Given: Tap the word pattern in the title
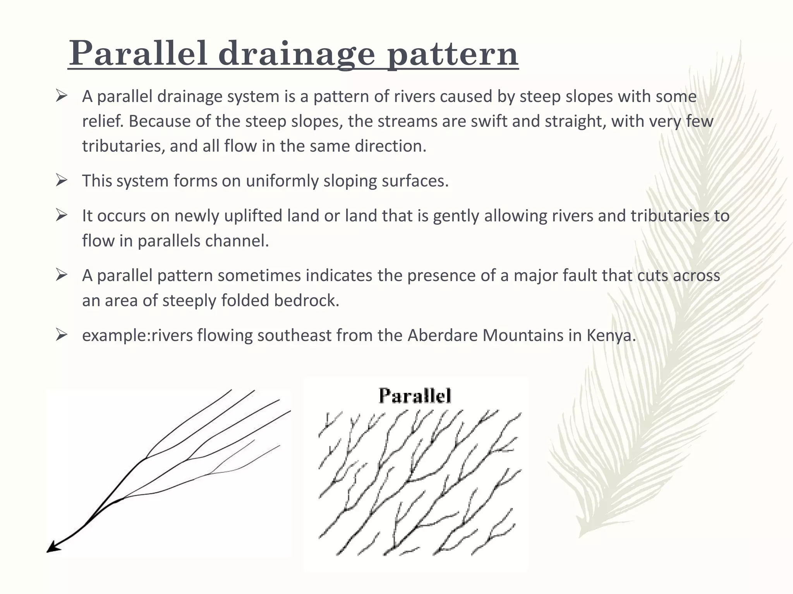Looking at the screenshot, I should pyautogui.click(x=453, y=55).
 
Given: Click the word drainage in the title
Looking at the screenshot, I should pyautogui.click(x=297, y=55).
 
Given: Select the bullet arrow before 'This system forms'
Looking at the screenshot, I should pyautogui.click(x=62, y=181).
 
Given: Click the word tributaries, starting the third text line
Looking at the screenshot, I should pyautogui.click(x=123, y=146).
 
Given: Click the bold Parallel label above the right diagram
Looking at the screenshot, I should pyautogui.click(x=415, y=396).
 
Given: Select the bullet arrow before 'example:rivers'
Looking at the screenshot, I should pyautogui.click(x=62, y=335).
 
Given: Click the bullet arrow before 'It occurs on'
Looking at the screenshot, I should pyautogui.click(x=62, y=215).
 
